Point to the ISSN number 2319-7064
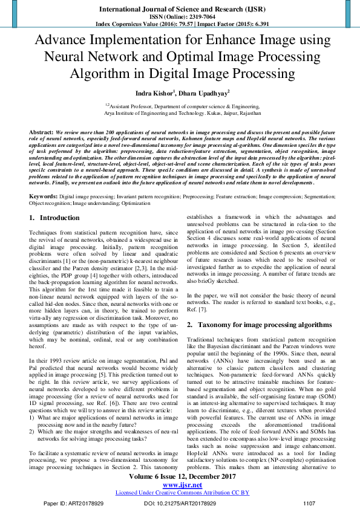(192, 16)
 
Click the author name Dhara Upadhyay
(201, 93)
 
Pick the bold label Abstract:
(41, 131)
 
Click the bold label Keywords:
(43, 196)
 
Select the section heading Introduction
(59, 217)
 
